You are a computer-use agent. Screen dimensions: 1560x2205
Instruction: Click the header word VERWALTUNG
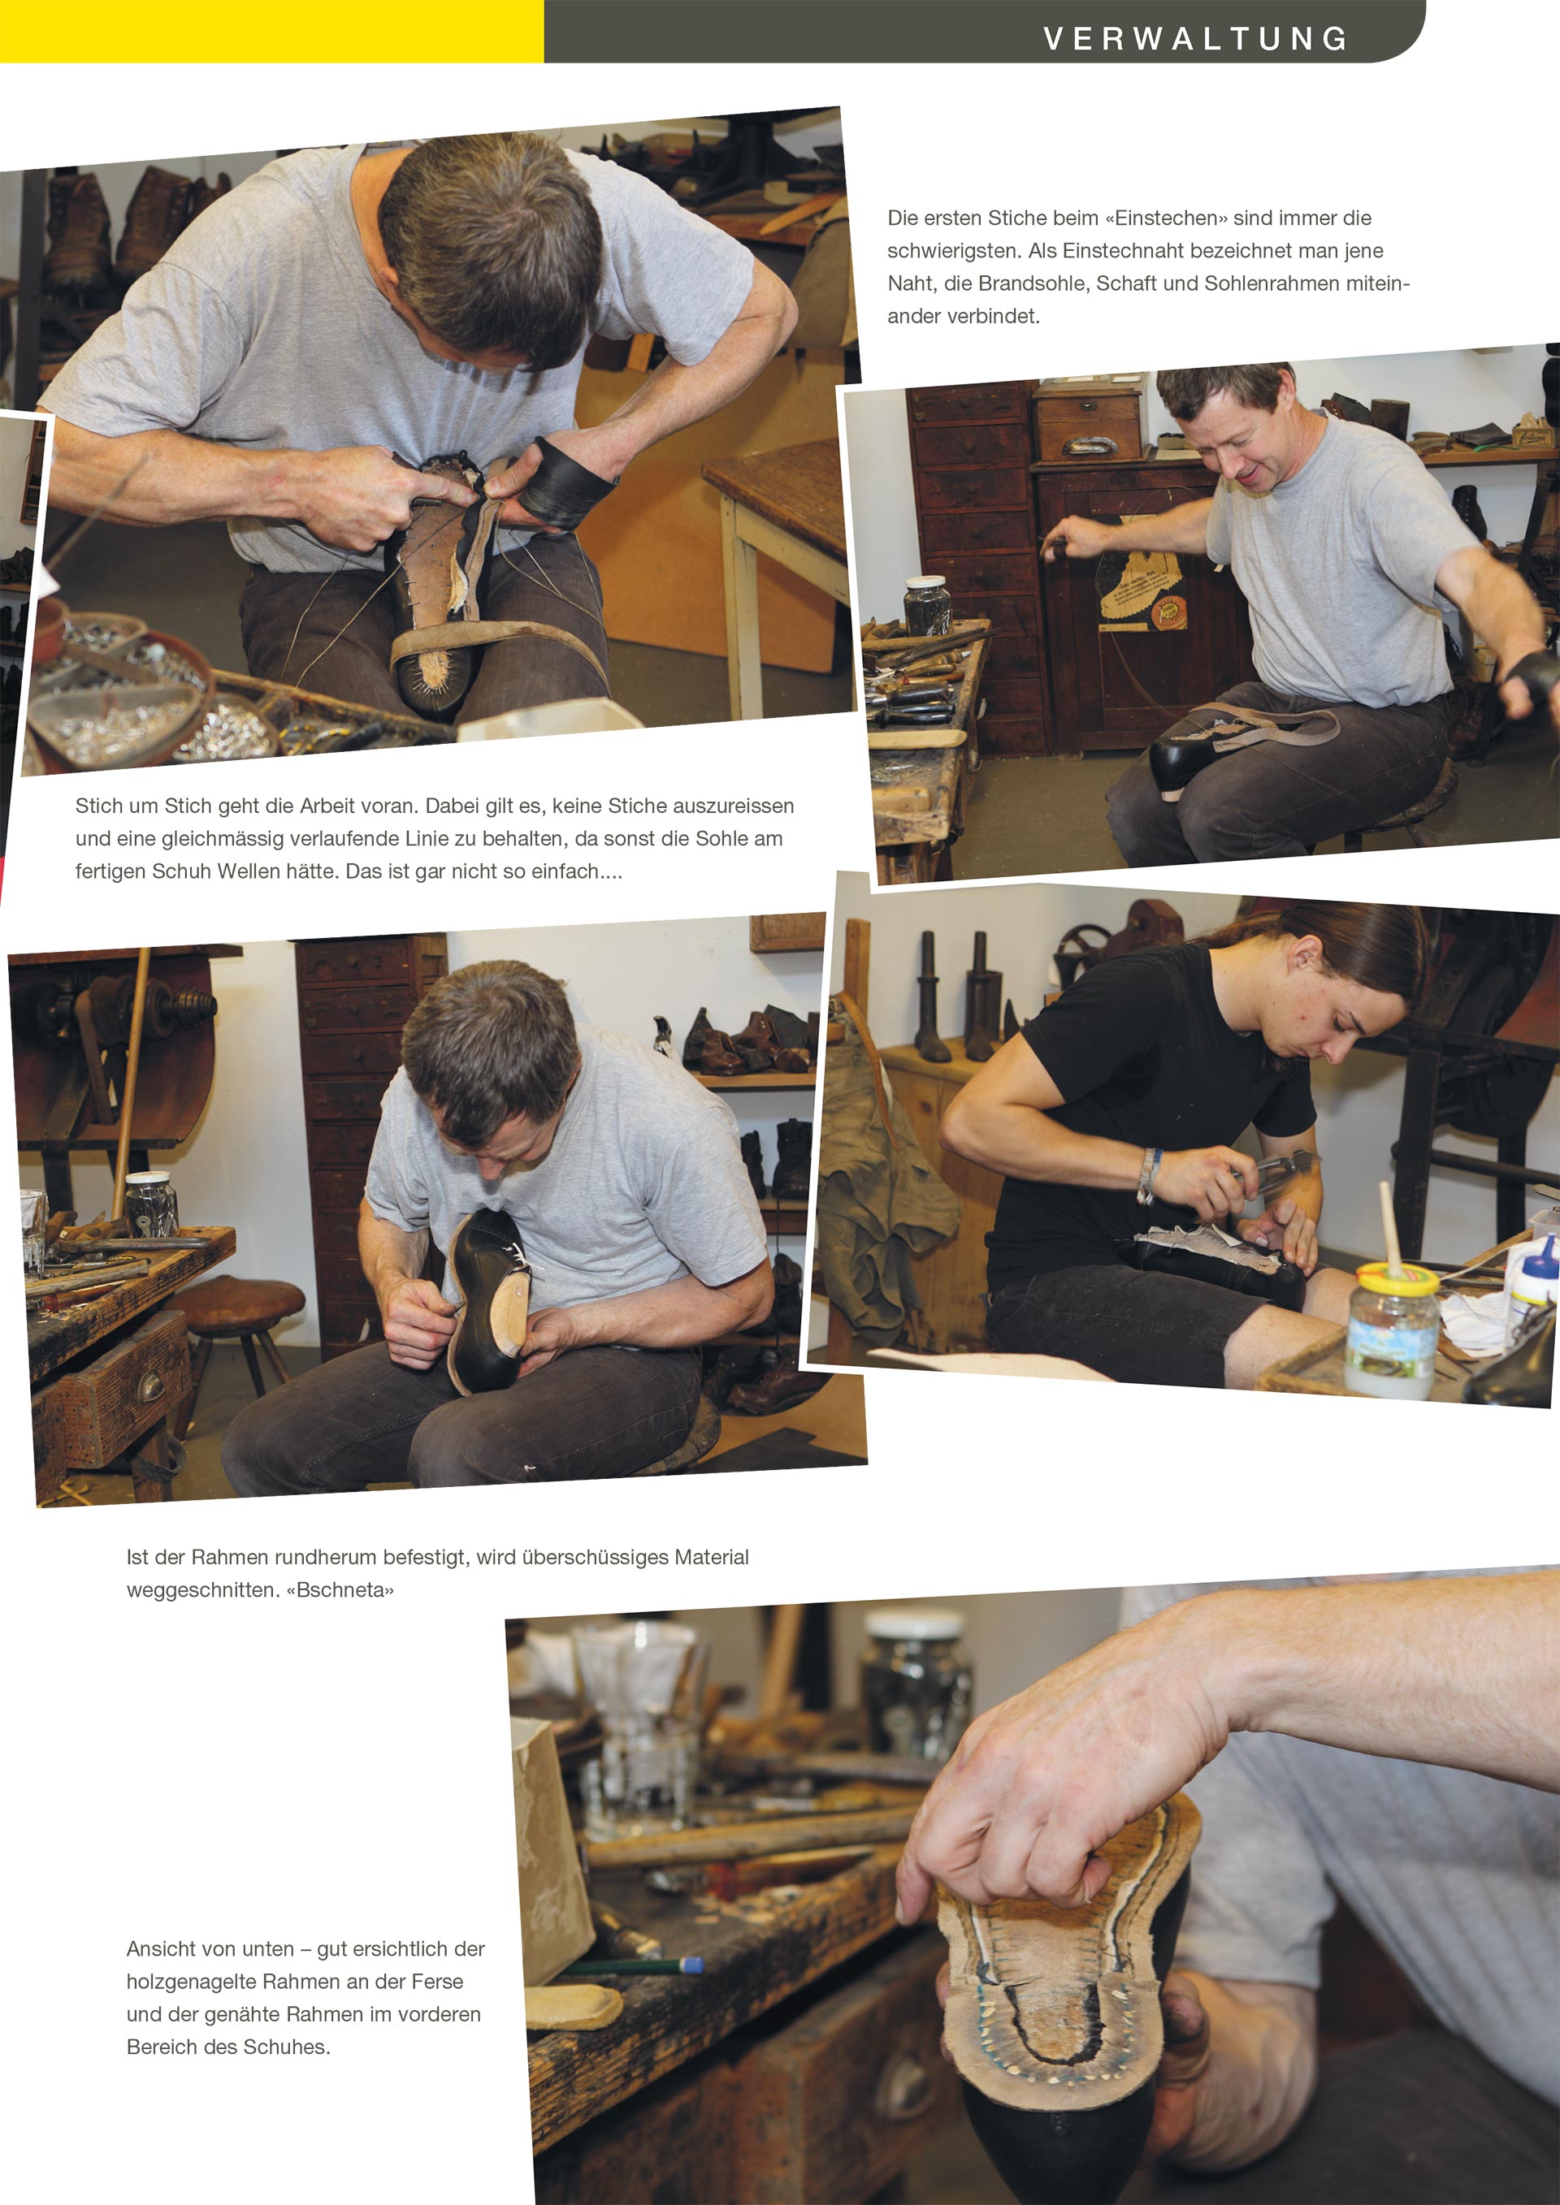pos(1195,38)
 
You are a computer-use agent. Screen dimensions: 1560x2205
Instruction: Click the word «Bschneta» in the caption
pos(340,1589)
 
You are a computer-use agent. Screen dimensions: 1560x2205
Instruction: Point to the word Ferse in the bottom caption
pos(437,1981)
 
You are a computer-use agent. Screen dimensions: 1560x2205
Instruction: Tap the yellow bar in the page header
pos(272,31)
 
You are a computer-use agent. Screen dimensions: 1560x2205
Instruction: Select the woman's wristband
pos(1148,1174)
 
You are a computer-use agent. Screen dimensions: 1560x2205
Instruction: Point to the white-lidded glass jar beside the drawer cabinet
pos(927,605)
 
